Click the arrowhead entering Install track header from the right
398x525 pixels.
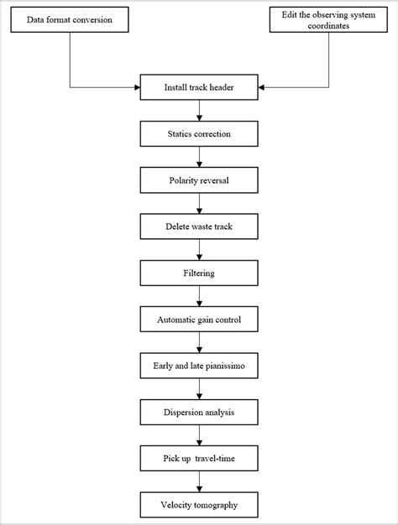click(262, 86)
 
